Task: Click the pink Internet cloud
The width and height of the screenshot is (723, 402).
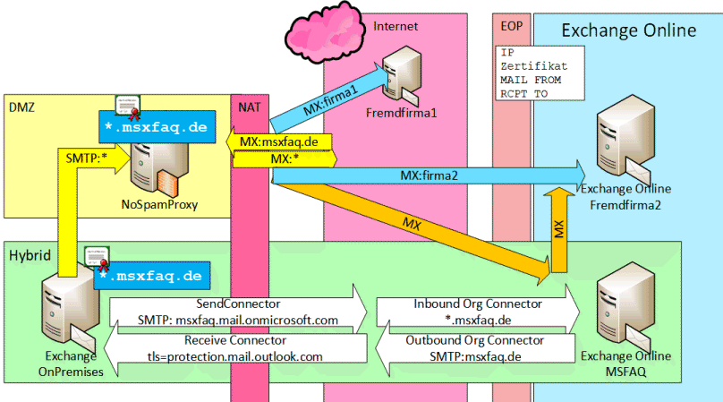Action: tap(324, 32)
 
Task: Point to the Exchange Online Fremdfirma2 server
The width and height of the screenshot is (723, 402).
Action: tap(625, 141)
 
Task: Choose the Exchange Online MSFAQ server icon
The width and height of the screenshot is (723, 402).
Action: tap(625, 308)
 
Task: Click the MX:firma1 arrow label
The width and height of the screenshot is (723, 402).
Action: tap(330, 101)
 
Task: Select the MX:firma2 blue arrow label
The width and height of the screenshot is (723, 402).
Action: tap(429, 175)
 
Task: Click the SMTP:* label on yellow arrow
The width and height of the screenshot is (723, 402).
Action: tap(86, 158)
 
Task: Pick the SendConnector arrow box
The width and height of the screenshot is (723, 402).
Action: tap(238, 312)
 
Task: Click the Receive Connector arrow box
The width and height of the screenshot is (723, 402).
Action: tap(235, 348)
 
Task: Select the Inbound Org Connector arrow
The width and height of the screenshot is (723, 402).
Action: tap(478, 312)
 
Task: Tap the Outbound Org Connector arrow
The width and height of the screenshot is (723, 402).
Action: tap(475, 348)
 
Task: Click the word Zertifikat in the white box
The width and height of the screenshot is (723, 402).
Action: tap(534, 66)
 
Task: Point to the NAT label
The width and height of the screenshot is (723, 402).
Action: tap(250, 107)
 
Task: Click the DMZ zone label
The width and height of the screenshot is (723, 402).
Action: tap(21, 107)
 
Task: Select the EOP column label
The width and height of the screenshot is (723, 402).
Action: tap(512, 26)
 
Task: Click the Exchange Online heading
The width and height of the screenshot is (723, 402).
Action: tap(629, 30)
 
